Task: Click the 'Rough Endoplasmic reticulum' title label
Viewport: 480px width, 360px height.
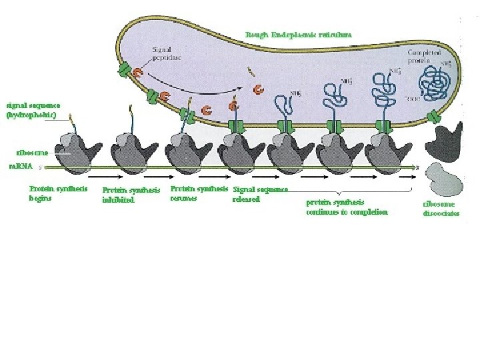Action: (x=298, y=34)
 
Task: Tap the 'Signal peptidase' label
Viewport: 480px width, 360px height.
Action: (x=167, y=53)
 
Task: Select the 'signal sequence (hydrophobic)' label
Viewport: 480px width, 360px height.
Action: (x=33, y=110)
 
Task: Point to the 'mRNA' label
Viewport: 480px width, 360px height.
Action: (x=20, y=165)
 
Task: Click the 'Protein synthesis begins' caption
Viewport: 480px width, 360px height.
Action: (x=58, y=193)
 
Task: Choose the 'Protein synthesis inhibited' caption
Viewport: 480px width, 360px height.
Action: (x=131, y=195)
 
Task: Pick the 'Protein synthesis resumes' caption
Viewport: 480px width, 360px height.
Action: (x=198, y=193)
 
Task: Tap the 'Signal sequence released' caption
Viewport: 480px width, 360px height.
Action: (x=260, y=193)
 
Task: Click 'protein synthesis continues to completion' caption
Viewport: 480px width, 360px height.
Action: (x=347, y=207)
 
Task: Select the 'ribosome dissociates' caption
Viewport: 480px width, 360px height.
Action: (x=441, y=209)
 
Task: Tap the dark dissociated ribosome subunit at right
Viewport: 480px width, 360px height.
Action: (x=445, y=139)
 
